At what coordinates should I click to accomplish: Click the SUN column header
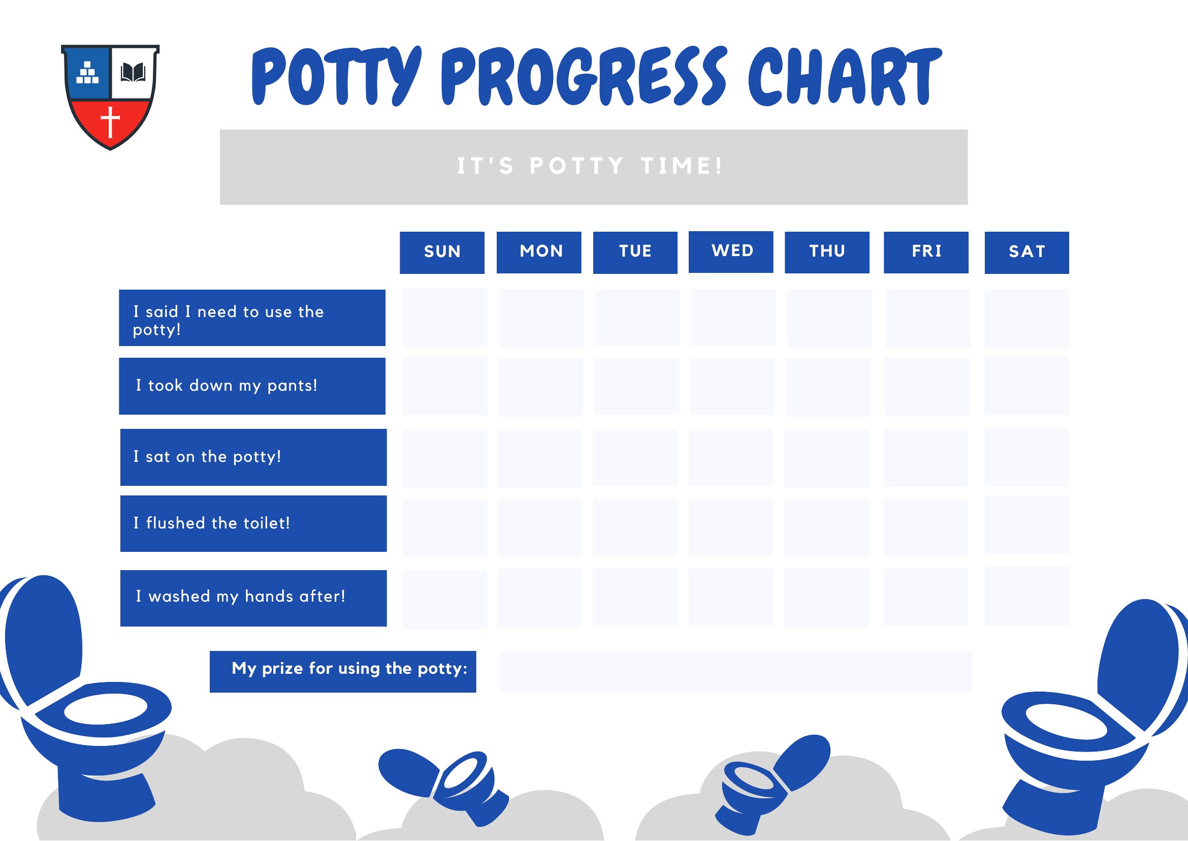441,252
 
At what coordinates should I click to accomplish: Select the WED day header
730,252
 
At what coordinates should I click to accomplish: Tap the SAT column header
1026,252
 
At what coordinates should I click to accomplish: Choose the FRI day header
925,252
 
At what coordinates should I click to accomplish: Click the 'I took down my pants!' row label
252,386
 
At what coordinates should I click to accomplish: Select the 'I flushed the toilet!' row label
253,523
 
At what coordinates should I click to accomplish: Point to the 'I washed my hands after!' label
253,598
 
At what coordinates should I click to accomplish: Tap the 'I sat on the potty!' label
253,457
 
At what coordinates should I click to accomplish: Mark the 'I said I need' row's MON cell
541,318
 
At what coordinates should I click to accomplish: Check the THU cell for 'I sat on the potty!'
827,458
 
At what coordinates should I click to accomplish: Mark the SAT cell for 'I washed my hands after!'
1026,596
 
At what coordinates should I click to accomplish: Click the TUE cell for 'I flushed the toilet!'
635,527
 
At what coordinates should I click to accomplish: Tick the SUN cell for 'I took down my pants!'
444,386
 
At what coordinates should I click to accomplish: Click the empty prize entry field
735,672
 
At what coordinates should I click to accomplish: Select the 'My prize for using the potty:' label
343,672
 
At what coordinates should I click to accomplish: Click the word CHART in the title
844,76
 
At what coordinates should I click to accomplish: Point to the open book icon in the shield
133,73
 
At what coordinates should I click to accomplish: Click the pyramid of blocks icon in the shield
87,73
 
